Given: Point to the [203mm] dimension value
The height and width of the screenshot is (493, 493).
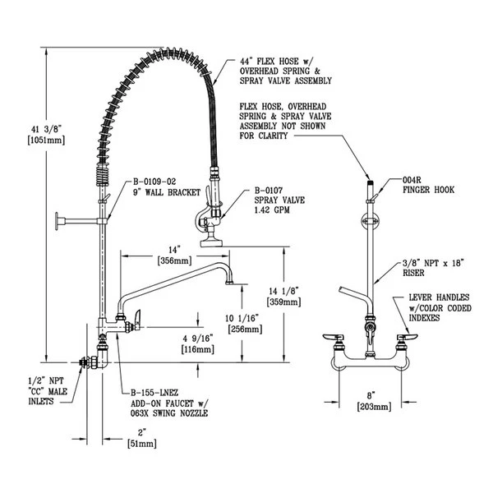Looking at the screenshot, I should pos(371,407).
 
